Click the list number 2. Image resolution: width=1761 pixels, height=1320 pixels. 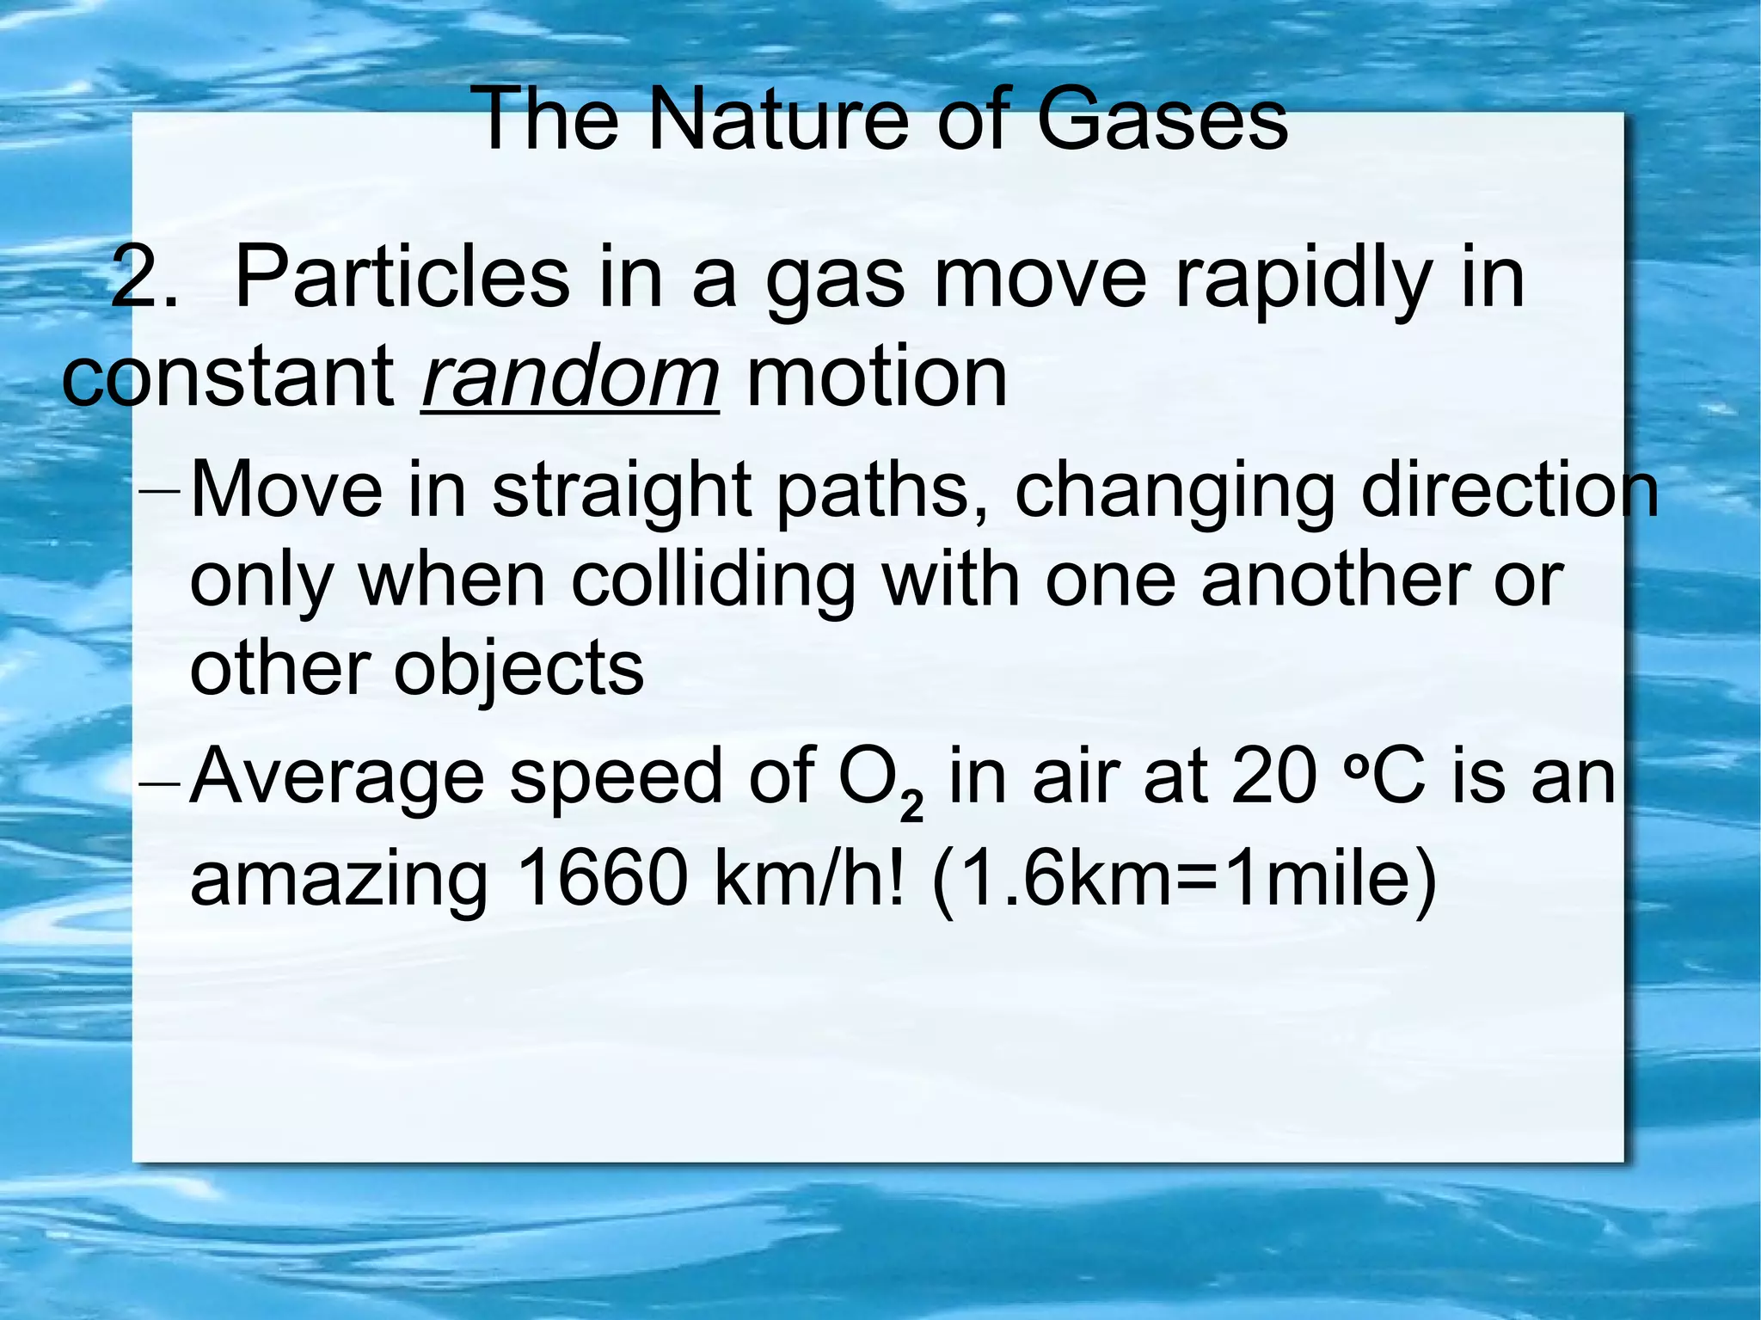click(x=144, y=278)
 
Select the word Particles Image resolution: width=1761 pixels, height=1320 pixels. click(x=401, y=278)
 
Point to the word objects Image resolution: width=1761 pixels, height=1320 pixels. click(x=518, y=672)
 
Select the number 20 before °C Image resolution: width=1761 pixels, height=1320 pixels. click(x=1273, y=777)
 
